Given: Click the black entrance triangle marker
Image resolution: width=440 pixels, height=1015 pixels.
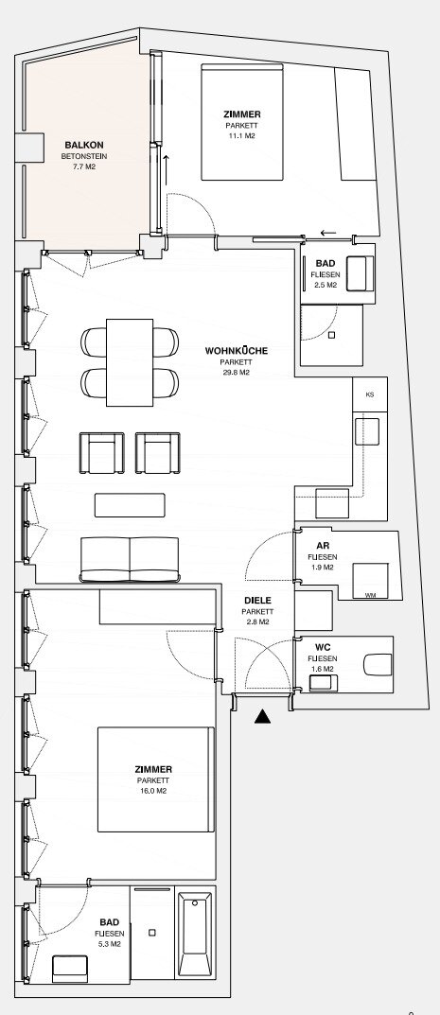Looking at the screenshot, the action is (x=262, y=716).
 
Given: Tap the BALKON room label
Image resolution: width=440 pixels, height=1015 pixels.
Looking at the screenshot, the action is (x=83, y=145).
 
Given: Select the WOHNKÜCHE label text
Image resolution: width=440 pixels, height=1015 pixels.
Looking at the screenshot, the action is (x=237, y=351).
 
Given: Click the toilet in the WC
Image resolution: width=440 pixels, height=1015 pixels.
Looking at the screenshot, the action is (x=378, y=664).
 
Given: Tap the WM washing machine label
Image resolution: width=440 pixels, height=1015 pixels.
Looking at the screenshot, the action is (x=370, y=595).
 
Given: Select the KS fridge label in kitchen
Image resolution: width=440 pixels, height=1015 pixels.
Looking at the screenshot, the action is (x=369, y=394).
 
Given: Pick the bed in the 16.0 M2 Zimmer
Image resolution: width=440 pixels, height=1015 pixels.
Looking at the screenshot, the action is (x=156, y=779).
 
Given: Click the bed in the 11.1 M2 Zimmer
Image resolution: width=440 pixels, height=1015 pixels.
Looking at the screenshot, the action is (x=242, y=122).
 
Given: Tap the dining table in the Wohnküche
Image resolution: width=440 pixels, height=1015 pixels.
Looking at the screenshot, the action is (x=130, y=362).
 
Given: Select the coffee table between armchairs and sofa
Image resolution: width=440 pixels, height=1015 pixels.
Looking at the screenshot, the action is (x=130, y=505).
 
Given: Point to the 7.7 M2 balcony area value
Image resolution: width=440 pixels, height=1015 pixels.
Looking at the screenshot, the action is (x=84, y=167).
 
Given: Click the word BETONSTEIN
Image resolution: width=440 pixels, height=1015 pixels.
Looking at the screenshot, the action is (x=84, y=156).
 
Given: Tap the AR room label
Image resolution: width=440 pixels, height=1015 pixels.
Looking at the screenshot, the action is (x=323, y=545).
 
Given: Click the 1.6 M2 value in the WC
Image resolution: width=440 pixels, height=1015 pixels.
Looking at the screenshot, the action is (x=321, y=669).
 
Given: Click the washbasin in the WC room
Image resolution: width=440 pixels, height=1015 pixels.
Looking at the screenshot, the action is (x=323, y=682).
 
